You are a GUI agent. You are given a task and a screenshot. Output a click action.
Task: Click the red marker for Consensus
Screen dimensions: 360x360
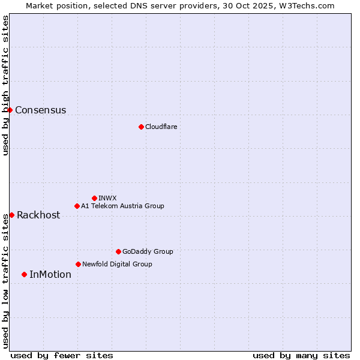pyautogui.click(x=10, y=110)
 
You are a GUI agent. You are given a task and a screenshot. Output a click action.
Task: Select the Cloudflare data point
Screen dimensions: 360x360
pyautogui.click(x=141, y=127)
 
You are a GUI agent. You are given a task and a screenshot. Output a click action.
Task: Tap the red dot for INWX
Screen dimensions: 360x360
pyautogui.click(x=94, y=198)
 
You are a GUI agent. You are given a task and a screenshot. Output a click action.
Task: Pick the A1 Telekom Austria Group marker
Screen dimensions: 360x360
pyautogui.click(x=77, y=206)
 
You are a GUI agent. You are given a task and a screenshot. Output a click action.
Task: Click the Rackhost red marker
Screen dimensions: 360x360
pyautogui.click(x=11, y=215)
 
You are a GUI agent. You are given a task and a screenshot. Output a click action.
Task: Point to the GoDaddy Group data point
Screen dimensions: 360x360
pyautogui.click(x=118, y=251)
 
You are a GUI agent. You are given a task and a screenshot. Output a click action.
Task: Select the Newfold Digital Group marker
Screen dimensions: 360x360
pyautogui.click(x=78, y=264)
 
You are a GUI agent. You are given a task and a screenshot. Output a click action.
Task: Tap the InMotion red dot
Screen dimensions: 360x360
pyautogui.click(x=24, y=274)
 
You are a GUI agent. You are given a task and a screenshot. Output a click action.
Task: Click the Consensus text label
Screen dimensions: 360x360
pyautogui.click(x=40, y=110)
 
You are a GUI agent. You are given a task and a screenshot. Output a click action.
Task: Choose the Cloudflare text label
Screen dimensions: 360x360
pyautogui.click(x=161, y=127)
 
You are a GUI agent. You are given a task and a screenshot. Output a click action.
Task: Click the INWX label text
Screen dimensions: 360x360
pyautogui.click(x=107, y=198)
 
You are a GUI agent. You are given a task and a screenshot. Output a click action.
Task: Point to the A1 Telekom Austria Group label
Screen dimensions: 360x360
pyautogui.click(x=122, y=206)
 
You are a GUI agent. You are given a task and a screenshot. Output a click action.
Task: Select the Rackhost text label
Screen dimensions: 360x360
pyautogui.click(x=38, y=215)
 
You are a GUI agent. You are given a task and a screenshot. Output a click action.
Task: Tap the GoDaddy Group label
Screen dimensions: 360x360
pyautogui.click(x=148, y=251)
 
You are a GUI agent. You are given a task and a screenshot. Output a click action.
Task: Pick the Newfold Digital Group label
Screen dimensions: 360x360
pyautogui.click(x=117, y=264)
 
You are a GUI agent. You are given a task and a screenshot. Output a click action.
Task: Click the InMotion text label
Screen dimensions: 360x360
pyautogui.click(x=50, y=275)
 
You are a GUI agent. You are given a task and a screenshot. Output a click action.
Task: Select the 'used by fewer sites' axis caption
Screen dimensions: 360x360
pyautogui.click(x=62, y=355)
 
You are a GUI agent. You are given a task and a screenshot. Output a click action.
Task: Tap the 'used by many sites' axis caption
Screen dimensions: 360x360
pyautogui.click(x=301, y=355)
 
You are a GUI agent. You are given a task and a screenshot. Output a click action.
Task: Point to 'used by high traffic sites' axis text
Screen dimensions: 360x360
pyautogui.click(x=5, y=85)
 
